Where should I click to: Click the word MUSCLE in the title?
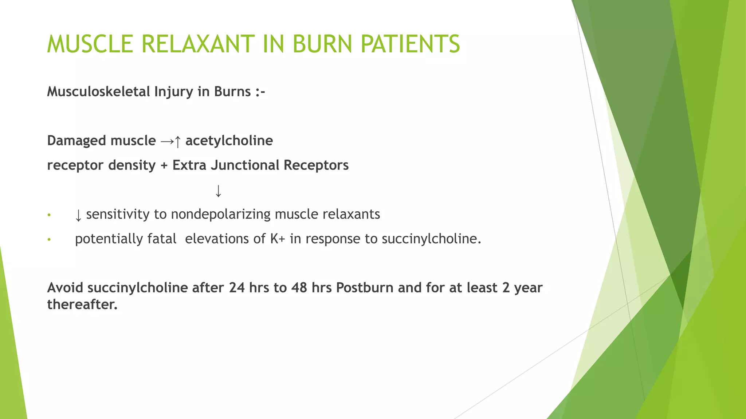[x=90, y=44]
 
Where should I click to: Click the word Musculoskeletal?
[x=98, y=92]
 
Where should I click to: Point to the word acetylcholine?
[x=229, y=141]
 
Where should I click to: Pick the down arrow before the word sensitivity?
[x=78, y=215]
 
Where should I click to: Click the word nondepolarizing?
[x=221, y=214]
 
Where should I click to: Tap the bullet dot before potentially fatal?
[x=49, y=240]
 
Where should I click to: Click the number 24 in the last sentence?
[x=237, y=288]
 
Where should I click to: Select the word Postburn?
[x=365, y=288]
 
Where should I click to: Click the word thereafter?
[x=82, y=304]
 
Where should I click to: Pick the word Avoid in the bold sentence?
[x=65, y=288]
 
